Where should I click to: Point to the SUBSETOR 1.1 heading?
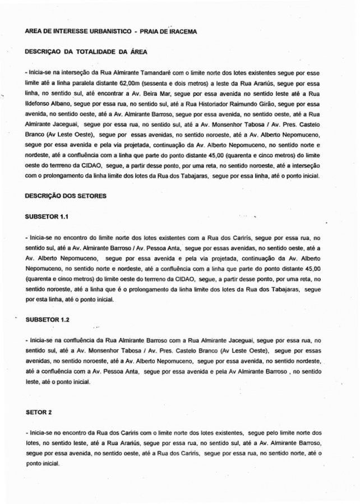(x=46, y=216)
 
